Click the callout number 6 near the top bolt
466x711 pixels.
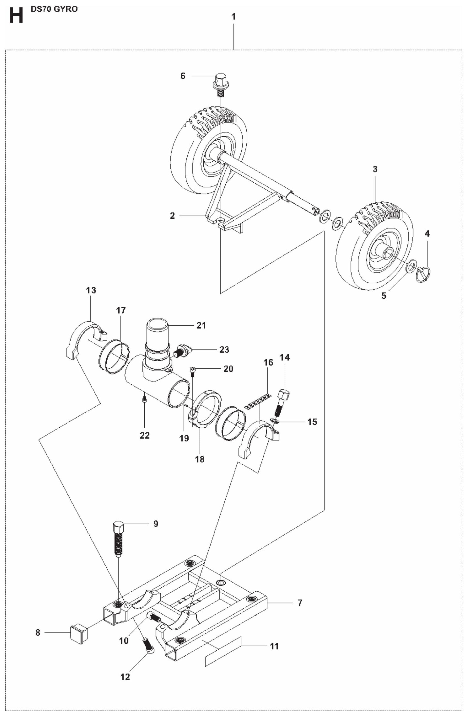(x=183, y=76)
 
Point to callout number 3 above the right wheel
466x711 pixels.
(x=375, y=169)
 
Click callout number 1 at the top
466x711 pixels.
(x=234, y=17)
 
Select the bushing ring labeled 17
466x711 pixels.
(x=114, y=356)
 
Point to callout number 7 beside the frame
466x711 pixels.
(x=300, y=603)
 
